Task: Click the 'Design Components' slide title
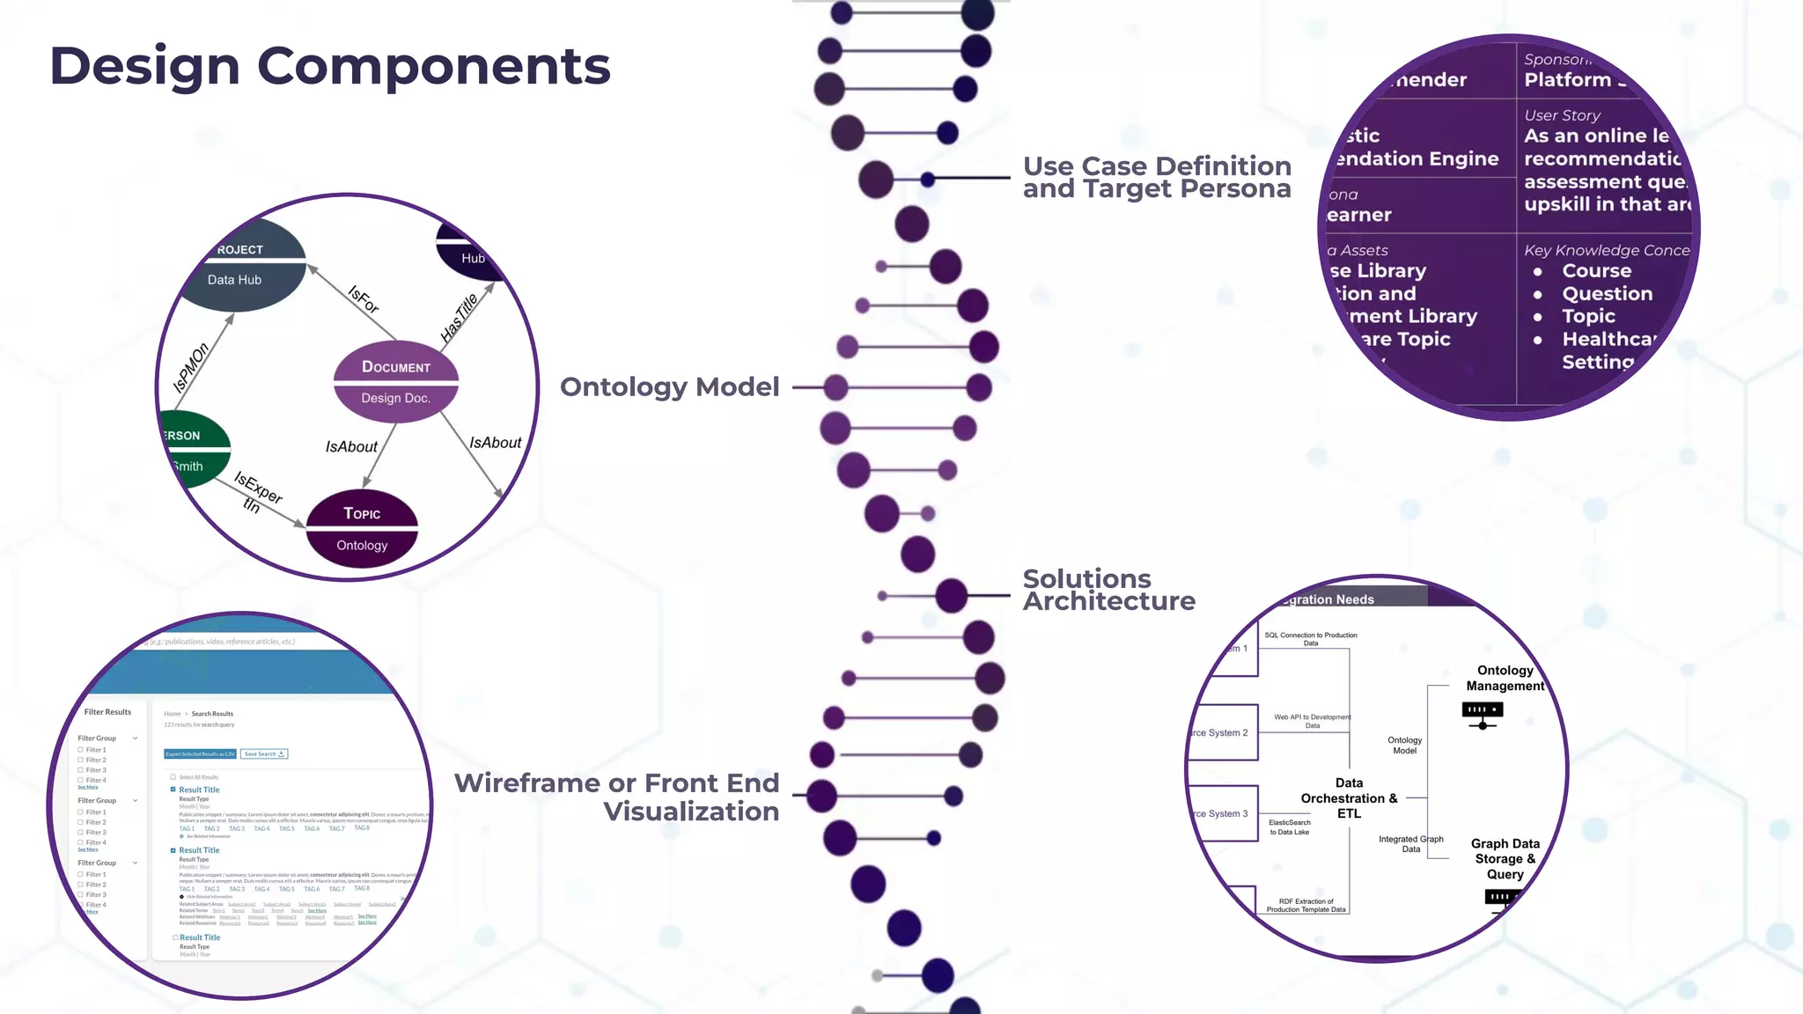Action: pyautogui.click(x=329, y=67)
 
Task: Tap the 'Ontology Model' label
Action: pyautogui.click(x=669, y=387)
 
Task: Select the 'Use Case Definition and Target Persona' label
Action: pyautogui.click(x=1156, y=178)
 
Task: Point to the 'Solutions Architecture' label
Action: pyautogui.click(x=1108, y=591)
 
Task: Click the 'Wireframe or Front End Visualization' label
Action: pyautogui.click(x=616, y=797)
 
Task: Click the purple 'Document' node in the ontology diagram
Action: pyautogui.click(x=395, y=381)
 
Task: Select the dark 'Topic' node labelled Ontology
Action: pyautogui.click(x=362, y=529)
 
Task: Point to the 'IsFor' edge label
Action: pyautogui.click(x=363, y=300)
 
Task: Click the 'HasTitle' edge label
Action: pyautogui.click(x=459, y=318)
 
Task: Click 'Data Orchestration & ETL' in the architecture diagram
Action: pyautogui.click(x=1349, y=798)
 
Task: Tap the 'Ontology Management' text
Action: pyautogui.click(x=1505, y=678)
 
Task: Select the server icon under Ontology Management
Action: pyautogui.click(x=1483, y=714)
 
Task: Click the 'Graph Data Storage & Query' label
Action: pyautogui.click(x=1505, y=859)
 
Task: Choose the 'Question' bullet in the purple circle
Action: pyautogui.click(x=1607, y=294)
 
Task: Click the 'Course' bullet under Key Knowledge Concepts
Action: pyautogui.click(x=1596, y=271)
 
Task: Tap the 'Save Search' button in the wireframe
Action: pyautogui.click(x=264, y=754)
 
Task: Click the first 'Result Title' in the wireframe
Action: pyautogui.click(x=199, y=790)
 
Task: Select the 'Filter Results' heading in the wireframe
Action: pyautogui.click(x=107, y=712)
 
